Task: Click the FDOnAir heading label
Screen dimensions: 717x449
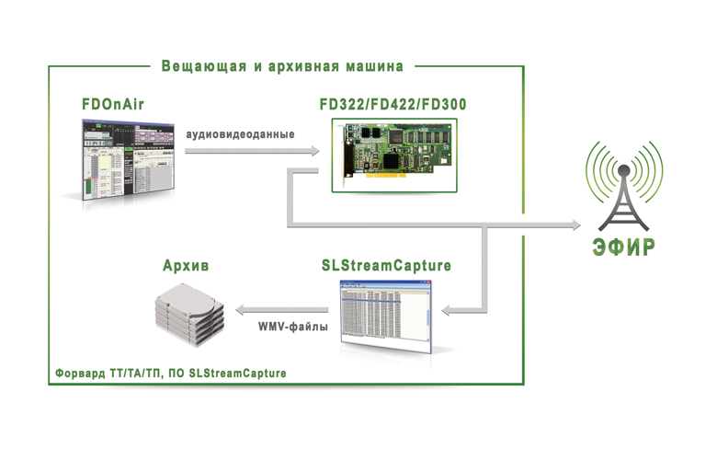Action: coord(113,104)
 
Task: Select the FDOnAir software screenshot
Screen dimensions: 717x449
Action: coord(128,160)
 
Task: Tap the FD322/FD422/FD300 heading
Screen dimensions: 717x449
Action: coord(393,104)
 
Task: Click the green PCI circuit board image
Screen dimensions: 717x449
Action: coord(394,155)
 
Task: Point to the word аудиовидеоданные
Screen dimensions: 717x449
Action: coord(240,134)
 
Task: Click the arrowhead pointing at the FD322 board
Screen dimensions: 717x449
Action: coord(315,151)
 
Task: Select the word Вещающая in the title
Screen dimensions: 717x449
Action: coord(204,66)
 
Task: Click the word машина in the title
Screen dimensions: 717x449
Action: coord(374,66)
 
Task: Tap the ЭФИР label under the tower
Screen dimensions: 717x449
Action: coord(624,247)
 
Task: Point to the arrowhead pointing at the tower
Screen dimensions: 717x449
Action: coord(575,224)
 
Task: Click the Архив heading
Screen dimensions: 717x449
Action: coord(186,266)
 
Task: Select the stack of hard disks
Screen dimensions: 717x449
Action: coord(189,315)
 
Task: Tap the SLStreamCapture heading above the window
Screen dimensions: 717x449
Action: coord(386,266)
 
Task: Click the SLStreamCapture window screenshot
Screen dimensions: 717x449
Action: coord(385,317)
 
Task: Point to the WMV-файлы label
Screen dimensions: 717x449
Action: coord(293,327)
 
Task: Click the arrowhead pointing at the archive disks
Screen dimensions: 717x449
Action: coord(241,310)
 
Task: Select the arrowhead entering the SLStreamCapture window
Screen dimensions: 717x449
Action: coord(447,310)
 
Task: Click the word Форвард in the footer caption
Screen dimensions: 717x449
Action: coord(80,374)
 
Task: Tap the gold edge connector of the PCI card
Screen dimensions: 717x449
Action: coord(384,175)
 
